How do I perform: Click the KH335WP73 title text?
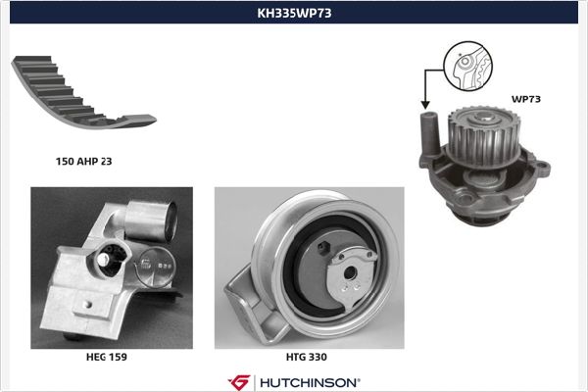click(x=294, y=13)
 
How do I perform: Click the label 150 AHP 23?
click(x=83, y=162)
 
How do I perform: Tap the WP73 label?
click(x=526, y=99)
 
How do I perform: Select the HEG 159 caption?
click(x=107, y=357)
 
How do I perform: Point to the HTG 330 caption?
click(x=307, y=357)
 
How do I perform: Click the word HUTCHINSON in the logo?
click(x=310, y=382)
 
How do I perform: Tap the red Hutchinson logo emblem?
click(x=239, y=382)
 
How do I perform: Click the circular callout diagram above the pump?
click(x=467, y=66)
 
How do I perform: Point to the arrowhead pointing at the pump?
click(x=425, y=105)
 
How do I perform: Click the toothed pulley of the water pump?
click(x=481, y=137)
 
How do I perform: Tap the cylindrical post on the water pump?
click(x=430, y=133)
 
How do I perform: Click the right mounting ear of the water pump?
click(x=542, y=167)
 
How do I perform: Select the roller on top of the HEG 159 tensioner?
click(x=150, y=221)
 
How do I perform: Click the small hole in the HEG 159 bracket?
click(x=88, y=304)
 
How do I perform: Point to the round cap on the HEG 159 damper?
click(x=155, y=268)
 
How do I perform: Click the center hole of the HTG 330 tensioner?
click(x=350, y=273)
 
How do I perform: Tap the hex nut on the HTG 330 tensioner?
click(x=323, y=248)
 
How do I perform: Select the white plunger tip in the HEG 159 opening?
click(x=102, y=259)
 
